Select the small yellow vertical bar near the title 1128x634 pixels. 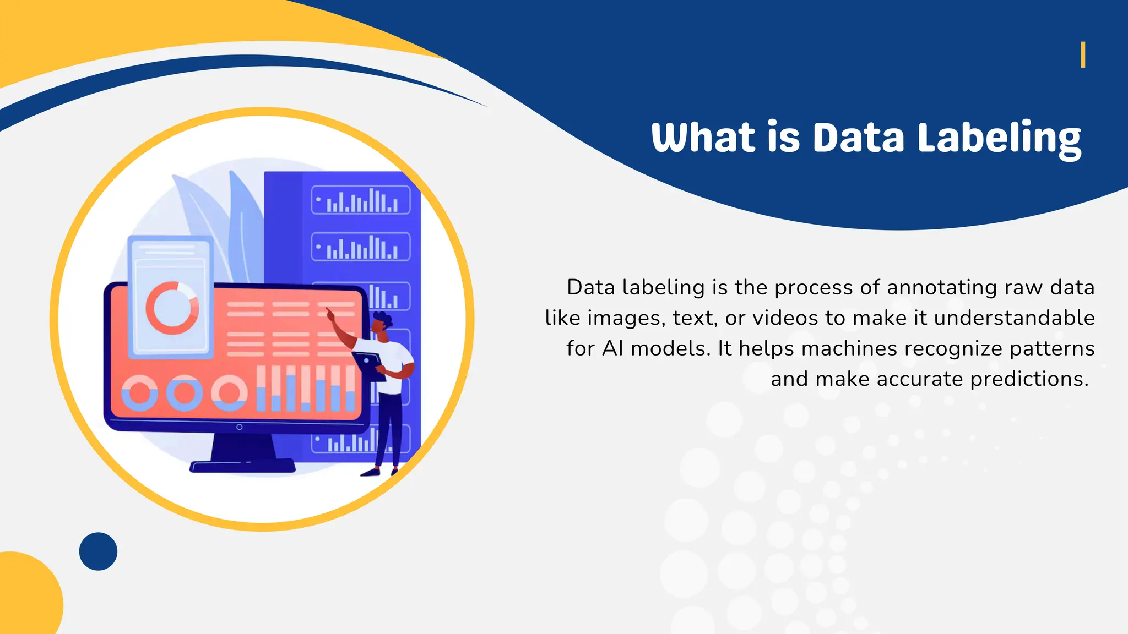(1083, 54)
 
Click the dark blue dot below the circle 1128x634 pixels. (98, 551)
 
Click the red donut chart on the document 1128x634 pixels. (172, 308)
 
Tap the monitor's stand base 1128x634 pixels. (242, 467)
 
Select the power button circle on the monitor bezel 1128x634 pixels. (239, 427)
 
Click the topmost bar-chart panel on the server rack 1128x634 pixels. (361, 200)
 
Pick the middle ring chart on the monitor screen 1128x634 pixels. (185, 392)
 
